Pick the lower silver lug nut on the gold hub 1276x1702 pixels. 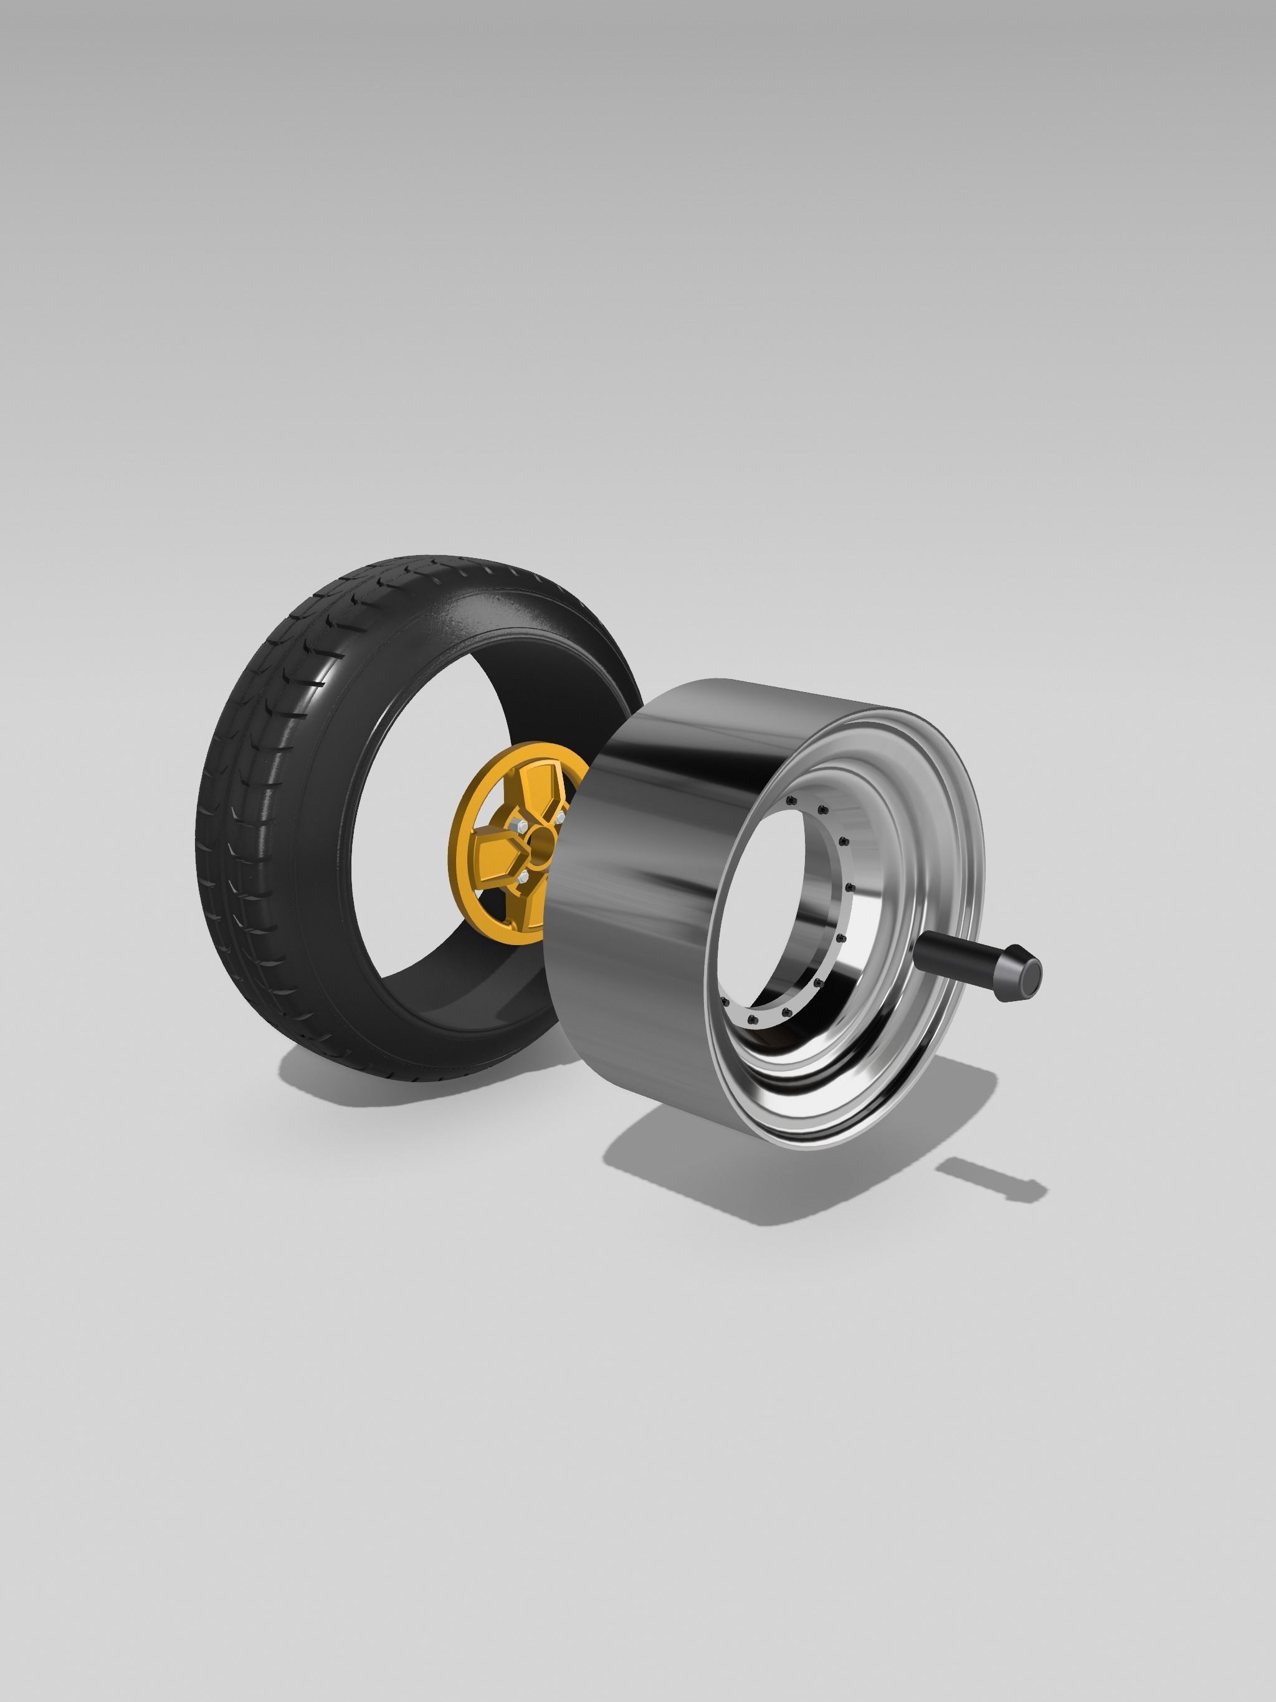pyautogui.click(x=523, y=877)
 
